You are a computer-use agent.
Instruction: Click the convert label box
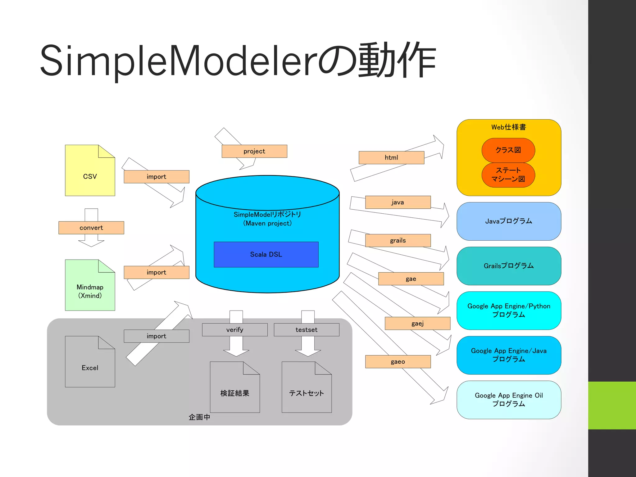coord(91,228)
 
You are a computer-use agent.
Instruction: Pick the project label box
coord(254,151)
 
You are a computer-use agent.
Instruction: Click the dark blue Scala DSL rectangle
coord(266,254)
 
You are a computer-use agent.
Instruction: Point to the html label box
coord(391,157)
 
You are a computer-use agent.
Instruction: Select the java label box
coord(397,202)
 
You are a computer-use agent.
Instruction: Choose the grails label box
coord(397,240)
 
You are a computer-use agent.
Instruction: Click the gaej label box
coord(417,323)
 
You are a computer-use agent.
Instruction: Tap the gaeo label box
coord(397,361)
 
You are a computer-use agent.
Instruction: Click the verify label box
coord(234,330)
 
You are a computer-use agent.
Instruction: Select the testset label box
coord(306,330)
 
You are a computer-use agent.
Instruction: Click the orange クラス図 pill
coord(508,150)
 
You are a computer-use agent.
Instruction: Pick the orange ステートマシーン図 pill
coord(508,175)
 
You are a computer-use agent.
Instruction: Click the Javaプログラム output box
coord(508,221)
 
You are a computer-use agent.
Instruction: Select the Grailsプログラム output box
coord(508,266)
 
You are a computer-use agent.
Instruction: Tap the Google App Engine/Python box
coord(508,310)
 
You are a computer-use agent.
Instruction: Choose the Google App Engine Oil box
coord(508,400)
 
